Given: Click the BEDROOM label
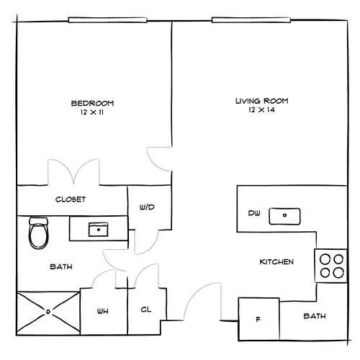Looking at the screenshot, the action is click(x=92, y=104).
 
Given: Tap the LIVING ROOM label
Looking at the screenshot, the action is click(x=261, y=101).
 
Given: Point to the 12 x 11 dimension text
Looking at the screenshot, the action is click(x=92, y=112).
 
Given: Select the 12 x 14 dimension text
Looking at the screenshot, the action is click(x=261, y=110).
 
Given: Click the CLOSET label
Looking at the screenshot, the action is click(x=71, y=199).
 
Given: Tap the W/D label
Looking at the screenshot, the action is click(x=147, y=207).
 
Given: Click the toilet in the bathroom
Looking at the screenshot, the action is click(x=39, y=233).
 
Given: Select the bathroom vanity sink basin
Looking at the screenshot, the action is click(x=99, y=230).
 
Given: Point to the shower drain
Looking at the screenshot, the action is click(x=48, y=312).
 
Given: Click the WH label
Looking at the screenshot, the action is click(x=102, y=312).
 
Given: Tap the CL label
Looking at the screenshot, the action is click(x=146, y=310).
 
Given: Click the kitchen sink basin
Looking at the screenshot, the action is click(x=284, y=216).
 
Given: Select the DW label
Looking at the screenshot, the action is click(x=254, y=213).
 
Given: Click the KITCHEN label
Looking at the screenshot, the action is click(x=276, y=261).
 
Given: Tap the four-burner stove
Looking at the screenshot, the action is click(x=331, y=266).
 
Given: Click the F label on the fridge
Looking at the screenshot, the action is click(x=258, y=320).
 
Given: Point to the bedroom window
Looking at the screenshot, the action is click(x=107, y=20).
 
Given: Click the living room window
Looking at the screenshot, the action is click(x=251, y=20).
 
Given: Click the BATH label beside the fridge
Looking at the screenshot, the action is click(x=315, y=316).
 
